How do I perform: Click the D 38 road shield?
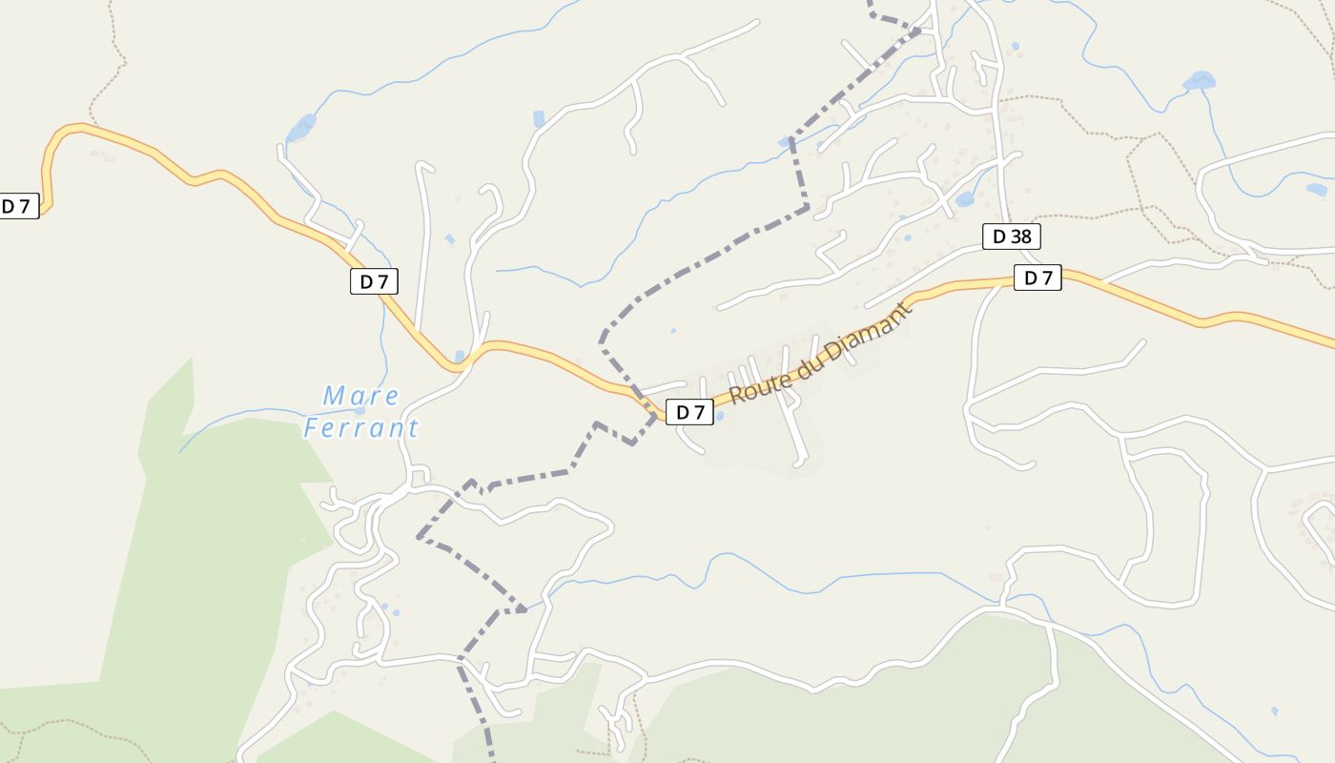point(1011,237)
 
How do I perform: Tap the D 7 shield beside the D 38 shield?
point(1037,278)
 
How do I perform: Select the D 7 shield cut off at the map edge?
point(18,206)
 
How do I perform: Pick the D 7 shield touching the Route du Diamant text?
point(689,412)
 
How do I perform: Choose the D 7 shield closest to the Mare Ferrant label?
point(374,281)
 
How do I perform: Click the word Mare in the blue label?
point(361,395)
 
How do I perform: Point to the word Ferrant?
point(360,427)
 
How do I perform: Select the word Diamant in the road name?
point(866,332)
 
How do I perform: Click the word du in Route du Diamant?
point(809,361)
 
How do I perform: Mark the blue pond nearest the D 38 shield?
point(964,199)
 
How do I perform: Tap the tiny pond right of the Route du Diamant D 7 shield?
point(718,416)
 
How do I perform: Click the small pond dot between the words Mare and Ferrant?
point(359,411)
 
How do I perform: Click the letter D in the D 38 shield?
point(999,237)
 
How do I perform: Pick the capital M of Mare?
point(334,395)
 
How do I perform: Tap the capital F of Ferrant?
point(312,427)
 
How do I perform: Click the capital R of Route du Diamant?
point(736,394)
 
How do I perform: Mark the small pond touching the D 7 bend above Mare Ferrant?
point(460,357)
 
